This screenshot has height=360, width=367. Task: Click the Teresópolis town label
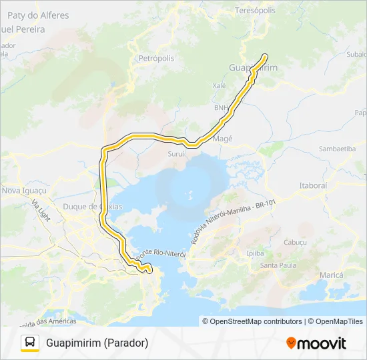pyautogui.click(x=256, y=11)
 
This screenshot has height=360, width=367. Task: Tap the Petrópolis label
pyautogui.click(x=156, y=59)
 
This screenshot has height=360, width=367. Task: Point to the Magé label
pyautogui.click(x=222, y=139)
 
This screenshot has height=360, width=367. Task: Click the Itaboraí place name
pyautogui.click(x=313, y=185)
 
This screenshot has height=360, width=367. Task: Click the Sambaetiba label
pyautogui.click(x=337, y=149)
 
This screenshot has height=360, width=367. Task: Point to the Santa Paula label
pyautogui.click(x=278, y=265)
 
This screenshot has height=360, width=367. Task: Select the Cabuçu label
pyautogui.click(x=294, y=242)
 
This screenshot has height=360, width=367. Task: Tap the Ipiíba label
pyautogui.click(x=255, y=253)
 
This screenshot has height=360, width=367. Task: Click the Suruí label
pyautogui.click(x=175, y=153)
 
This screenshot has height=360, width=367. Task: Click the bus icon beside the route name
pyautogui.click(x=30, y=343)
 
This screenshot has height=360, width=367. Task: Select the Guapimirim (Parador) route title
pyautogui.click(x=97, y=343)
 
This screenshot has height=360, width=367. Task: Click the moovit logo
pyautogui.click(x=316, y=343)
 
